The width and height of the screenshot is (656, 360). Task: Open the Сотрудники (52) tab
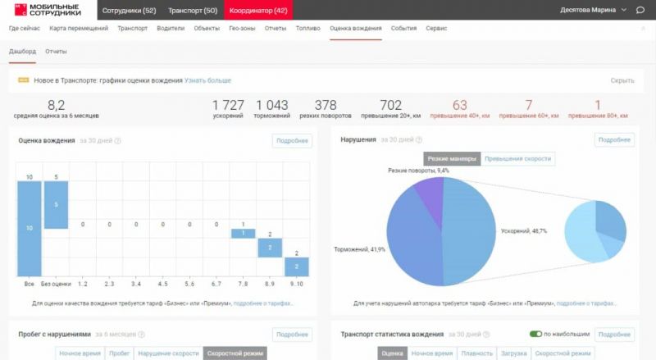tap(129, 10)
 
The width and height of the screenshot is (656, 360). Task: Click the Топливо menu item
tap(308, 28)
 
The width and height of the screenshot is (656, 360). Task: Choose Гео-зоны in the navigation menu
tap(242, 28)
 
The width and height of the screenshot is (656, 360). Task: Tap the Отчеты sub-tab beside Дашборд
tap(56, 52)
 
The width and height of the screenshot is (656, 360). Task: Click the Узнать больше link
tap(207, 80)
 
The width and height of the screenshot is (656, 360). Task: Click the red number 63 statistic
tap(459, 105)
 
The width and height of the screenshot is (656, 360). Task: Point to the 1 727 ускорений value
tap(228, 105)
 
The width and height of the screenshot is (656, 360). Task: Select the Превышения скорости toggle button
tap(517, 158)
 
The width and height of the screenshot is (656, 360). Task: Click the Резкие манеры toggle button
tap(451, 158)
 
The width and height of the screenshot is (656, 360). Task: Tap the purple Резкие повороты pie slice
tap(430, 190)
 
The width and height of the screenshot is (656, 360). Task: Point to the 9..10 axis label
tap(296, 283)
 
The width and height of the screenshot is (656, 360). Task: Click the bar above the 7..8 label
tap(243, 234)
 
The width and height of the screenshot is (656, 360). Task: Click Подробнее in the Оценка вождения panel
tap(292, 140)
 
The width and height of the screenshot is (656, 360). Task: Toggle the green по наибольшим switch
tap(536, 335)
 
